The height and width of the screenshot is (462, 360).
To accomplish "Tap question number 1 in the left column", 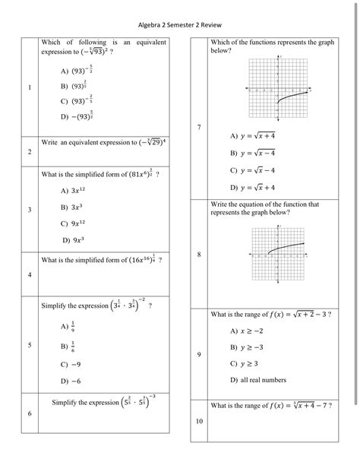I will (x=30, y=87).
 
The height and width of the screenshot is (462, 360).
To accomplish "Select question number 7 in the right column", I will (x=198, y=126).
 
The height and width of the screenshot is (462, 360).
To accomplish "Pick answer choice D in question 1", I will (x=76, y=116).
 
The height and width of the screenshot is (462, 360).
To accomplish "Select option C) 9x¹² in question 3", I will (x=74, y=223).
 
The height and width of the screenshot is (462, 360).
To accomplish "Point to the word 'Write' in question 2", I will (x=50, y=143).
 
